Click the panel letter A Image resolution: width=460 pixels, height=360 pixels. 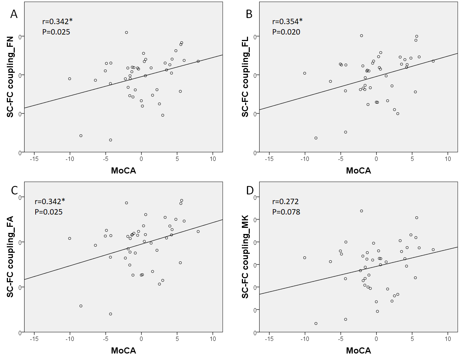pyautogui.click(x=14, y=14)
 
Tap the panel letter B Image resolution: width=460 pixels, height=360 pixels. pyautogui.click(x=249, y=14)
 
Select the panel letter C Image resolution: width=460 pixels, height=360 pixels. pyautogui.click(x=14, y=190)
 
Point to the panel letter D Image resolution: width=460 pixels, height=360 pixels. pyautogui.click(x=250, y=190)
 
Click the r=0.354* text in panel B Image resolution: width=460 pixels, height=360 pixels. pyautogui.click(x=287, y=22)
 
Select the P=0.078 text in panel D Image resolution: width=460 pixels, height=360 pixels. pyautogui.click(x=286, y=212)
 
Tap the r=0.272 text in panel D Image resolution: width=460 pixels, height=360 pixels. pyautogui.click(x=285, y=202)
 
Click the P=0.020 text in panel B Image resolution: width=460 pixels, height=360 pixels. pyautogui.click(x=286, y=32)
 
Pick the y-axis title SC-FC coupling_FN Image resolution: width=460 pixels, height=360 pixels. pyautogui.click(x=10, y=77)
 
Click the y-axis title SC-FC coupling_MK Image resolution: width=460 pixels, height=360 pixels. pyautogui.click(x=245, y=257)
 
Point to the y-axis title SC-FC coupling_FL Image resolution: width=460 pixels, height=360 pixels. pyautogui.click(x=245, y=77)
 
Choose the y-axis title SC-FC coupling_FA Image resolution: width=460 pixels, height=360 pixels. pyautogui.click(x=10, y=257)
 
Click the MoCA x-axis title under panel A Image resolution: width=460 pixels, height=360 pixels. pyautogui.click(x=123, y=171)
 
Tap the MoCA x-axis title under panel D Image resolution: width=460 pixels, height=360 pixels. pyautogui.click(x=358, y=351)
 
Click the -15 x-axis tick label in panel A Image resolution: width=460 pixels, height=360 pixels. pyautogui.click(x=34, y=159)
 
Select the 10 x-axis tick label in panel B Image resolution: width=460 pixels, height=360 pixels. pyautogui.click(x=448, y=159)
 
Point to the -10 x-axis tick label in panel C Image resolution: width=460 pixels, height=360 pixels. pyautogui.click(x=70, y=339)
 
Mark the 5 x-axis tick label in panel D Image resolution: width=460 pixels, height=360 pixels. pyautogui.click(x=412, y=339)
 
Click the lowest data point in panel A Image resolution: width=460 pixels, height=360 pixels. pyautogui.click(x=111, y=140)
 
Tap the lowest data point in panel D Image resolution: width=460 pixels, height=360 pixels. pyautogui.click(x=316, y=324)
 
